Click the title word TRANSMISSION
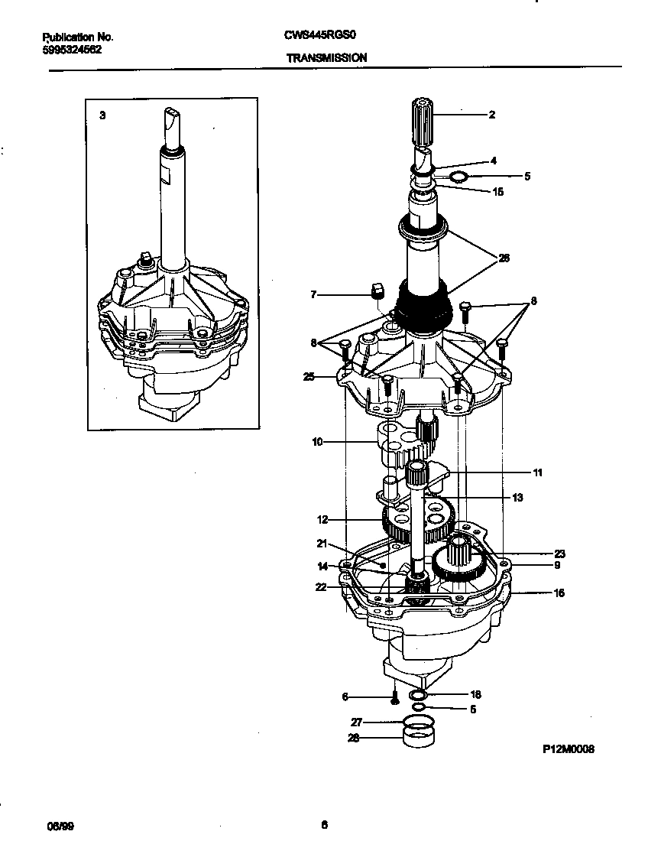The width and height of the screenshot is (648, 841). (326, 57)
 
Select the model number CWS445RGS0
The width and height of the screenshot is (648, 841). (322, 36)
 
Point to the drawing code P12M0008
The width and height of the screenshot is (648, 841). (568, 749)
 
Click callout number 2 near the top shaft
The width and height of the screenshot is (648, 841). (492, 115)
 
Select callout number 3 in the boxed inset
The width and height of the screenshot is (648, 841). (102, 115)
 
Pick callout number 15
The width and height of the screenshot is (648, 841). (497, 192)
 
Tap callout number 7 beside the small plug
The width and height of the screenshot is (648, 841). (313, 294)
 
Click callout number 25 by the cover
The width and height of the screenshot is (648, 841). (309, 376)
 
